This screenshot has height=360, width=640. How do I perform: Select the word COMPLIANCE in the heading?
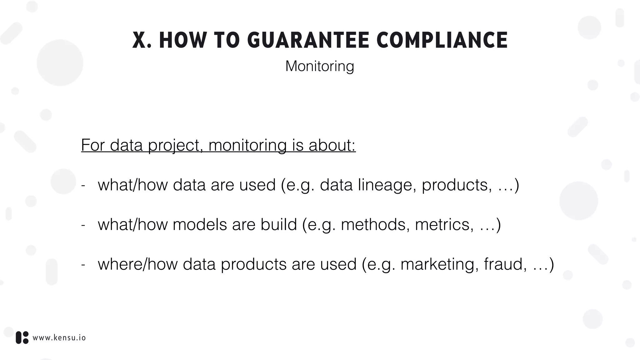click(x=442, y=40)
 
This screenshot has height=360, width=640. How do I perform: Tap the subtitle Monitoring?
click(x=320, y=66)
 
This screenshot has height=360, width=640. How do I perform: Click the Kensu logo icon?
click(x=22, y=337)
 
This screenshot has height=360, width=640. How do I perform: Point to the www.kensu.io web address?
click(x=59, y=338)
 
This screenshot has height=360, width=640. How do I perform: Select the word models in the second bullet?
click(x=200, y=224)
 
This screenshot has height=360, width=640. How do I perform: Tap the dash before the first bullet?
click(x=83, y=185)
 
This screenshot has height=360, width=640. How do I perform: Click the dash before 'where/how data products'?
click(x=83, y=265)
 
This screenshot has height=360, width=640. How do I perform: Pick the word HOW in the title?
click(x=183, y=40)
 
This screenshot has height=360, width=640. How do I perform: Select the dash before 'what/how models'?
click(x=83, y=225)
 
